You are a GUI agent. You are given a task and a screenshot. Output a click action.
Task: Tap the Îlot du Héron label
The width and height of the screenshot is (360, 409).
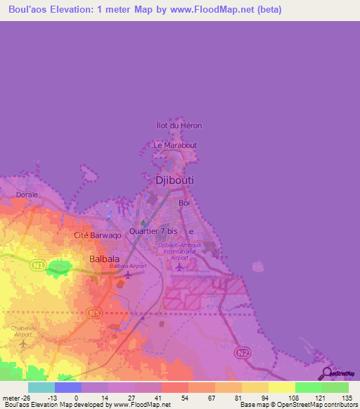(178, 126)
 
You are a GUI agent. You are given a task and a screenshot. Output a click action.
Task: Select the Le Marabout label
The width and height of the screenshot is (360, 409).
(175, 145)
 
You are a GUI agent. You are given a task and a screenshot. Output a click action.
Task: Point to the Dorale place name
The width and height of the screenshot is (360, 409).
(27, 195)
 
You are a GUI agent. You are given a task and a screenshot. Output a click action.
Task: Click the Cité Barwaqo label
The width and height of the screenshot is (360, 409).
(98, 235)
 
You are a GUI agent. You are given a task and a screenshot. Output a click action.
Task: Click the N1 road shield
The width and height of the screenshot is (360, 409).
(38, 266)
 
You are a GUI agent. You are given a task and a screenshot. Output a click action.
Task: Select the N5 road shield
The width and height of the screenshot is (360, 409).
(96, 312)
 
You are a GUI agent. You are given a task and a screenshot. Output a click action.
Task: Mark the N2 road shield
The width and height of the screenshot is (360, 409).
(243, 351)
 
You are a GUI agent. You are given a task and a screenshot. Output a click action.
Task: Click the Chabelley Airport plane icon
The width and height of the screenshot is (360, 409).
(24, 344)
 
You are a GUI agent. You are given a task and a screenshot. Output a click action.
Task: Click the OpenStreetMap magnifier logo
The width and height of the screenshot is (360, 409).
(326, 374)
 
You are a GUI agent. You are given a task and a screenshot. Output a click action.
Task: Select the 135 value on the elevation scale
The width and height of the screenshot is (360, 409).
(345, 397)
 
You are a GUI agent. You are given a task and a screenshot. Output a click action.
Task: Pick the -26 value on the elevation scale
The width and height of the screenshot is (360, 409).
(16, 397)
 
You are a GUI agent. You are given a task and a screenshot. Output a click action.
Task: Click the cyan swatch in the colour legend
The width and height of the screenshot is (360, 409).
(41, 387)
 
